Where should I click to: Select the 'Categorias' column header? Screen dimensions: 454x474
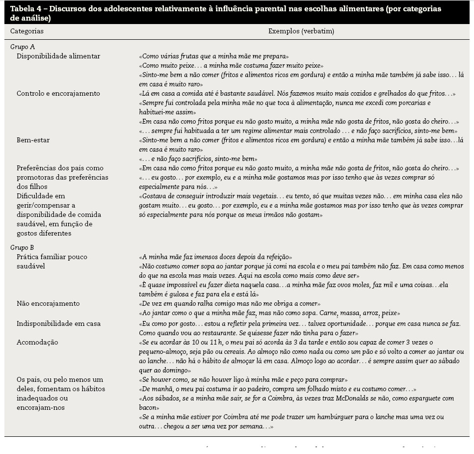tap(27, 31)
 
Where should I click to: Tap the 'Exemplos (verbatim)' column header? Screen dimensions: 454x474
tap(301, 31)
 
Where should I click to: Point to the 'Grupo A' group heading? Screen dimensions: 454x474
tap(22, 47)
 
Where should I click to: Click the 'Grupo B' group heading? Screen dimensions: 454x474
tap(22, 247)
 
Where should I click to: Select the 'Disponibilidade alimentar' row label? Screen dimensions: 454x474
tap(58, 56)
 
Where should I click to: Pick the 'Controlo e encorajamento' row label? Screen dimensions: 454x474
tap(58, 93)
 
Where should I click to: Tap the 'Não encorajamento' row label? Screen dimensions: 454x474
tap(48, 303)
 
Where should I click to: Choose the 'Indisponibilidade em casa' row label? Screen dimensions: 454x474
tap(58, 323)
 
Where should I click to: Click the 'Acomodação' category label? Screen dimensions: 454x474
tap(37, 342)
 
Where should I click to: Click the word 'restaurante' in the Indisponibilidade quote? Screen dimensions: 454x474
tap(215, 332)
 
